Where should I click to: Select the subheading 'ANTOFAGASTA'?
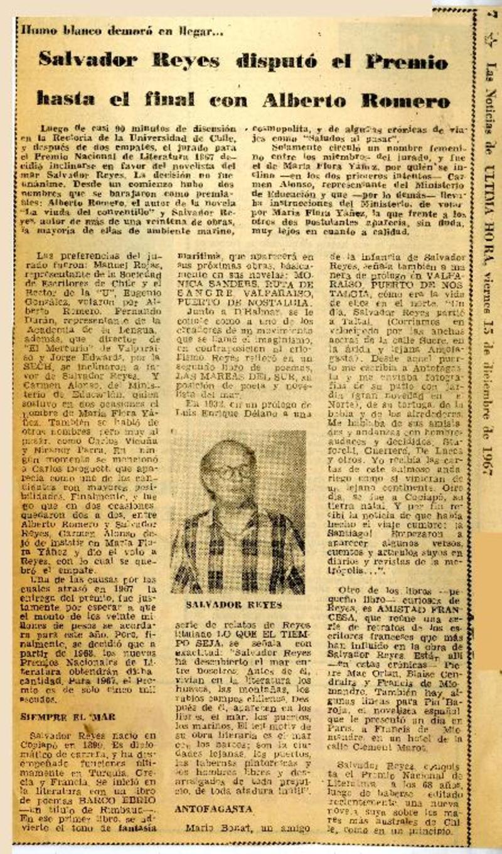[x=214, y=809]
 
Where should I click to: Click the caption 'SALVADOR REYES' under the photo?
[x=233, y=605]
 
